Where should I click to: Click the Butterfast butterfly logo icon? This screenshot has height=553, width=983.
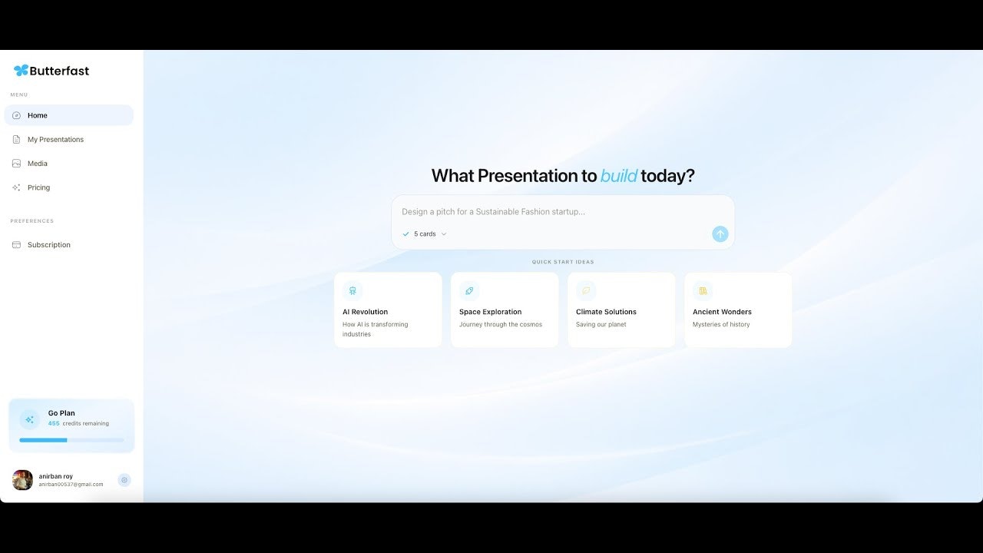point(21,71)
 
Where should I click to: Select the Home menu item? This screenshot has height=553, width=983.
point(37,115)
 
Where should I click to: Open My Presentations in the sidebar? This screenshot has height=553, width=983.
point(55,140)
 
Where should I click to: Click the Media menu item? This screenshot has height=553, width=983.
point(37,164)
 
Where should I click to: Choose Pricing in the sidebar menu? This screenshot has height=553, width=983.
point(38,187)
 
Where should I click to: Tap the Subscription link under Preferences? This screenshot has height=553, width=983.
point(48,245)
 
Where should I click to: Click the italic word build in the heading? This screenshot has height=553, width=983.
point(618,176)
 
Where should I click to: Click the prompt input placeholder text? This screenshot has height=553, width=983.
point(493,212)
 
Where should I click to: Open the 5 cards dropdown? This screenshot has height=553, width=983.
point(425,234)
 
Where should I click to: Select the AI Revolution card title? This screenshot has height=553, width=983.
point(365,312)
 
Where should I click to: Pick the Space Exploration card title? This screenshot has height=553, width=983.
point(490,312)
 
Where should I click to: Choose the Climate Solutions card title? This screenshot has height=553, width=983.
point(606,312)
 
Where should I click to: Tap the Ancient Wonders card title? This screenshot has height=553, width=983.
point(722,312)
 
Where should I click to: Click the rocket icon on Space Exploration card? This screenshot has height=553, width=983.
point(469,291)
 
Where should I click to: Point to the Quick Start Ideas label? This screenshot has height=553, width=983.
point(563,262)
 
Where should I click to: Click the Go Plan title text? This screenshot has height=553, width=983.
point(61,413)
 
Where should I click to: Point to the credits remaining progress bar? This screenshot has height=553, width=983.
point(71,440)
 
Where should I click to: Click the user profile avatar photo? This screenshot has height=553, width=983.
point(22,480)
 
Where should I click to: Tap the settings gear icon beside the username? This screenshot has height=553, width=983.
point(124,480)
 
